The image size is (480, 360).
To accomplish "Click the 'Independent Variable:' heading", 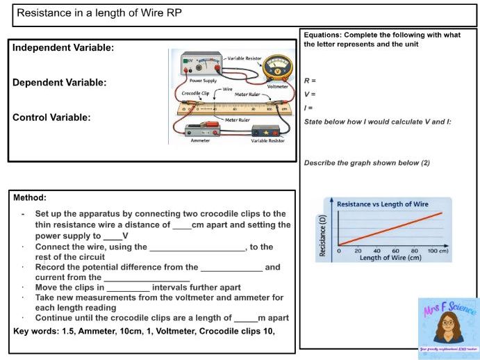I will tap(63, 48).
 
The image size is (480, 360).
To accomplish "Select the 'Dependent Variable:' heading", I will tap(60, 83).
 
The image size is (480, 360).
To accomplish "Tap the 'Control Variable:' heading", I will tap(51, 117).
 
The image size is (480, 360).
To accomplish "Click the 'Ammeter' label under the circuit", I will tap(200, 140).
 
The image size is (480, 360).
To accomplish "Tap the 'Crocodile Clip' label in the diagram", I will tap(195, 92).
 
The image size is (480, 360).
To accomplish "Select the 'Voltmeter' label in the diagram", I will tap(278, 86).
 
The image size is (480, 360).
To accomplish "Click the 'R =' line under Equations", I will tap(311, 81).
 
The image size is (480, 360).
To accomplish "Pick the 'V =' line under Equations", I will tap(311, 94).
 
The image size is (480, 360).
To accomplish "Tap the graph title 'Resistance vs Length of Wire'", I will tap(382, 204).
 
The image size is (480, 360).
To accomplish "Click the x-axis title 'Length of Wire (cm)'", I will tap(390, 258).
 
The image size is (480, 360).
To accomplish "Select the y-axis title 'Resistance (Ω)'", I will tap(322, 236).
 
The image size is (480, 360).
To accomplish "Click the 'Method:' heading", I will tap(30, 198).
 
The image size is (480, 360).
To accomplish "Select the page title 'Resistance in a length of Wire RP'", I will tap(99, 13).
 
